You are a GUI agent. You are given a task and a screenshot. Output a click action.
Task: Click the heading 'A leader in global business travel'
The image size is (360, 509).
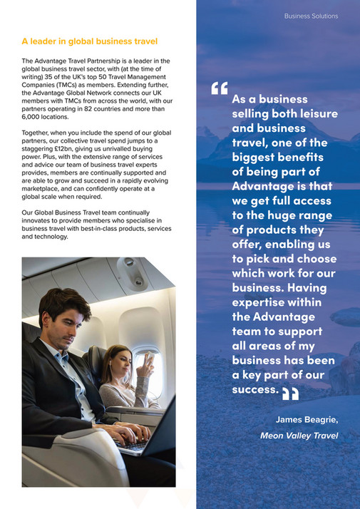pyautogui.click(x=90, y=41)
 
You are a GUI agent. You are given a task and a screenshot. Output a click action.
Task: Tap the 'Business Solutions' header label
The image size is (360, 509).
pyautogui.click(x=311, y=16)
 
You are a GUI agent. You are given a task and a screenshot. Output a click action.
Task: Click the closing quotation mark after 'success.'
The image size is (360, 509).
pyautogui.click(x=290, y=393)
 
